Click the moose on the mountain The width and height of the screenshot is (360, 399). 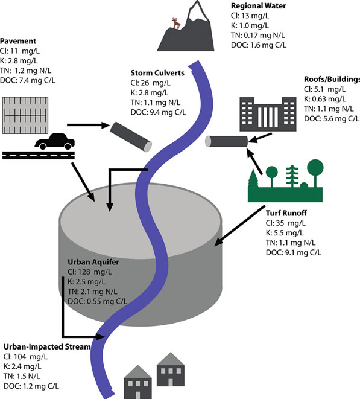tap(176, 23)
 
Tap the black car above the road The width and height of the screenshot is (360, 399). tap(55, 141)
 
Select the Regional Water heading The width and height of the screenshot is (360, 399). tap(258, 6)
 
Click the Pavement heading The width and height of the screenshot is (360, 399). tap(18, 41)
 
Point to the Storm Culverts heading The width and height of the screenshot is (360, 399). tap(157, 73)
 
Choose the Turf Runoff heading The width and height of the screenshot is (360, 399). tap(286, 213)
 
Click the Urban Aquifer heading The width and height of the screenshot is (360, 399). tap(93, 262)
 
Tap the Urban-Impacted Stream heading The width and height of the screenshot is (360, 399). tap(47, 347)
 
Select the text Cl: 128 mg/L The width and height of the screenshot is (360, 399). tap(89, 272)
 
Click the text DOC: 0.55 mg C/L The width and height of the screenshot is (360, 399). tap(97, 302)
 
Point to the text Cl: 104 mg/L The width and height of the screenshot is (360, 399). tap(25, 357)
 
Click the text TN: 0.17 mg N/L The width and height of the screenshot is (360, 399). tap(258, 36)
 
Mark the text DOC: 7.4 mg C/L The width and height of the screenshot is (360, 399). tap(28, 81)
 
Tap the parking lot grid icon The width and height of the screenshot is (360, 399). tap(25, 115)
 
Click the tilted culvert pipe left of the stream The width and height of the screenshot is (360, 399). tap(131, 137)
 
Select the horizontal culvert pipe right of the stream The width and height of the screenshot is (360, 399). tap(226, 141)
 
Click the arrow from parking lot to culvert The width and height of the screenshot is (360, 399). tap(88, 125)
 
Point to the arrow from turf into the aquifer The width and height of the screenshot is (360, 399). tap(240, 226)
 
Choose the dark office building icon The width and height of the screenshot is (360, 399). tap(268, 114)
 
